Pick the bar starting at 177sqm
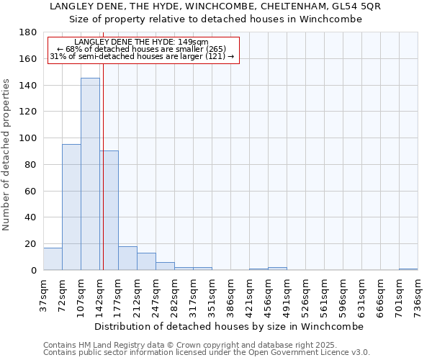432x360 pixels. click(x=127, y=258)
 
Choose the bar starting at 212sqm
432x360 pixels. click(x=146, y=261)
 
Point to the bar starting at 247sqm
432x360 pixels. click(x=165, y=266)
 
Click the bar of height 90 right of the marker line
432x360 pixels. click(x=109, y=210)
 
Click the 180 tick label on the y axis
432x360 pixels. click(x=28, y=32)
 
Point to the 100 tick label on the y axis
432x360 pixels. click(x=28, y=138)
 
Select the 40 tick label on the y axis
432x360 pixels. click(x=31, y=217)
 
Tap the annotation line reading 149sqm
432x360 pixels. click(x=141, y=42)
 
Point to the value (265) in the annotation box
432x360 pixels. click(x=212, y=49)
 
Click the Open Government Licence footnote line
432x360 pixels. click(x=207, y=352)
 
